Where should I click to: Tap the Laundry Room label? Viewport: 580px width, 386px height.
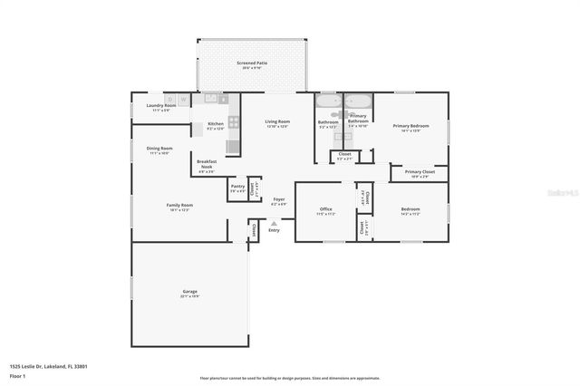161,106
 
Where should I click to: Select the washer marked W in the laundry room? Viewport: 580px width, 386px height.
184,98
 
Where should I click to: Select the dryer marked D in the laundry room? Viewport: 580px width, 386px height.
169,98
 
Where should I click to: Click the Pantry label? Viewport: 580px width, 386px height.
237,188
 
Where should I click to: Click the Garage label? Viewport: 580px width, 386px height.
189,292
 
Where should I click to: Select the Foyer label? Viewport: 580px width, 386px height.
278,200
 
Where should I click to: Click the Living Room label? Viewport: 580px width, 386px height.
277,122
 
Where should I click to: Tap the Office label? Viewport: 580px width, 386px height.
325,210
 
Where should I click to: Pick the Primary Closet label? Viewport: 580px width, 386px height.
420,172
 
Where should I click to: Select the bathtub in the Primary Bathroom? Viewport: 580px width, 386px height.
359,101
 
